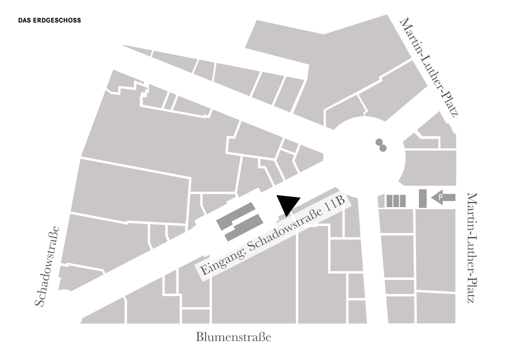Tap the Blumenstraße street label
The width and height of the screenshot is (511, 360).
click(233, 337)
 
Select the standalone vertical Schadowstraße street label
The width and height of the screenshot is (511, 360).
click(47, 266)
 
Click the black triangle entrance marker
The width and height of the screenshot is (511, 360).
click(288, 204)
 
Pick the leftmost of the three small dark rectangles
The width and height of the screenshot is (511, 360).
click(389, 201)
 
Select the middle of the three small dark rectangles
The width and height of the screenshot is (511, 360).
click(396, 201)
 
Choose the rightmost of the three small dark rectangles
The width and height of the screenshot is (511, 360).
click(402, 201)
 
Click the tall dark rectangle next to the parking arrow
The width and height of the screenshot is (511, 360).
click(422, 199)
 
